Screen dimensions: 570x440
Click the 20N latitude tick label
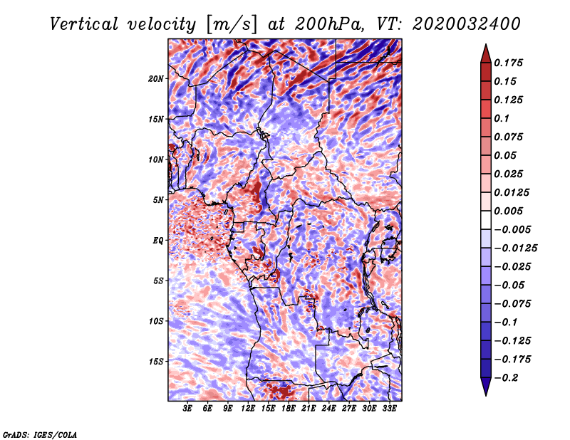click(x=156, y=79)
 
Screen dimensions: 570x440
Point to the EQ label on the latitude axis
click(x=157, y=241)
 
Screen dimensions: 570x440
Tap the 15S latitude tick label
click(x=156, y=362)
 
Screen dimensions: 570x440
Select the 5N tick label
click(x=158, y=200)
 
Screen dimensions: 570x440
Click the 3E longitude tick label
click(x=187, y=409)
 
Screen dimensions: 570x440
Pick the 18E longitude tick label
click(x=288, y=409)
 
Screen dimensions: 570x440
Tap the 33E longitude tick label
click(x=389, y=409)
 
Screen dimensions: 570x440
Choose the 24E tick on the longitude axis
click(x=328, y=409)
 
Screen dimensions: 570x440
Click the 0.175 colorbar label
click(x=508, y=63)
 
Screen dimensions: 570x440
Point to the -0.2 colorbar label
click(x=506, y=378)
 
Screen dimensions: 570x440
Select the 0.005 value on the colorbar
click(x=508, y=211)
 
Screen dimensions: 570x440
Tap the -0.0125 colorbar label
click(x=515, y=248)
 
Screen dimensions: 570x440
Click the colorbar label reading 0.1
click(x=502, y=118)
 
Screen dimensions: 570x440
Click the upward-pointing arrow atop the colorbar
click(x=486, y=53)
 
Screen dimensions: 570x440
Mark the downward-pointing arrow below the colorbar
click(x=486, y=387)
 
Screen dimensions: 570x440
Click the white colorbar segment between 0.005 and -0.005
click(x=486, y=220)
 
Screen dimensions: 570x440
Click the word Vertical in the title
click(x=84, y=24)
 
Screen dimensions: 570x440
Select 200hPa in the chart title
click(x=328, y=24)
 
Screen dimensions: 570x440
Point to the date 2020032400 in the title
click(x=467, y=24)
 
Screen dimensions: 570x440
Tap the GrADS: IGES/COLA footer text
click(x=40, y=434)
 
